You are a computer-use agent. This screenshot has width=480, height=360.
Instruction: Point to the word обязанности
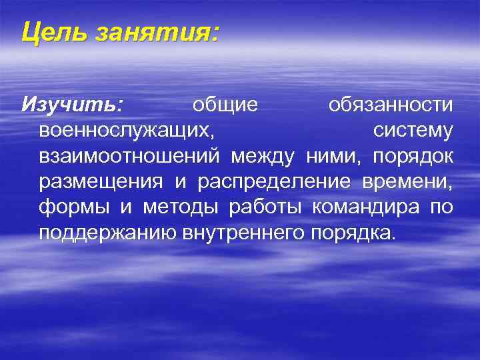391,105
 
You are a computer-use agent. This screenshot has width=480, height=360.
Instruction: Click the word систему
413,131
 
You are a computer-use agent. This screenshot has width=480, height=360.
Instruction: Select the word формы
73,207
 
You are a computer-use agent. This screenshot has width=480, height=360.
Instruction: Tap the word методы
179,207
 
